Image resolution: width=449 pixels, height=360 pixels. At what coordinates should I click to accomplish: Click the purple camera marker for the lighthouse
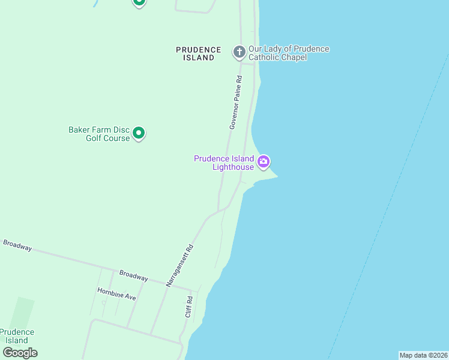pyautogui.click(x=264, y=161)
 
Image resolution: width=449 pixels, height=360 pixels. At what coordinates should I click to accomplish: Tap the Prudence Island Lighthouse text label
pyautogui.click(x=224, y=163)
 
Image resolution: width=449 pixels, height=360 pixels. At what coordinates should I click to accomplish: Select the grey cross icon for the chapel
pyautogui.click(x=239, y=52)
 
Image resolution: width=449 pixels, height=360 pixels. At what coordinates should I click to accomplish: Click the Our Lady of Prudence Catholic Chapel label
pyautogui.click(x=289, y=53)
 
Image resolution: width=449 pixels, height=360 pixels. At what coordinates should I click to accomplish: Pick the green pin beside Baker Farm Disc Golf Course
pyautogui.click(x=139, y=133)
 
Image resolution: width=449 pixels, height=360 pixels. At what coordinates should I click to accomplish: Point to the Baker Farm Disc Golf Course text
pyautogui.click(x=99, y=133)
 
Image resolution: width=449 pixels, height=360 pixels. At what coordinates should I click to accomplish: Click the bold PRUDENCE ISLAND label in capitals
pyautogui.click(x=199, y=53)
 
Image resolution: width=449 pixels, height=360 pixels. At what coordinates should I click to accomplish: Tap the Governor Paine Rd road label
pyautogui.click(x=235, y=102)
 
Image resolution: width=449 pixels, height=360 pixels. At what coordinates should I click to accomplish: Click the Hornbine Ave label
pyautogui.click(x=117, y=293)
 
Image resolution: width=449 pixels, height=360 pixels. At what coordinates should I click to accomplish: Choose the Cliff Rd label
pyautogui.click(x=189, y=307)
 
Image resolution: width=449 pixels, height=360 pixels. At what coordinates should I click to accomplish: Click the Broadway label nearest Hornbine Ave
pyautogui.click(x=133, y=275)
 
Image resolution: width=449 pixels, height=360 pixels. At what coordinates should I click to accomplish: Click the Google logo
pyautogui.click(x=20, y=352)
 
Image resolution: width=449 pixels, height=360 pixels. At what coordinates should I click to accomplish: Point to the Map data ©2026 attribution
pyautogui.click(x=423, y=355)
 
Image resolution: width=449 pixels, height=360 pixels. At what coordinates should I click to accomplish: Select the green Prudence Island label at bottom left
pyautogui.click(x=17, y=336)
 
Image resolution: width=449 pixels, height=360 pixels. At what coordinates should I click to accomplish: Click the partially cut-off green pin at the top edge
pyautogui.click(x=139, y=2)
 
